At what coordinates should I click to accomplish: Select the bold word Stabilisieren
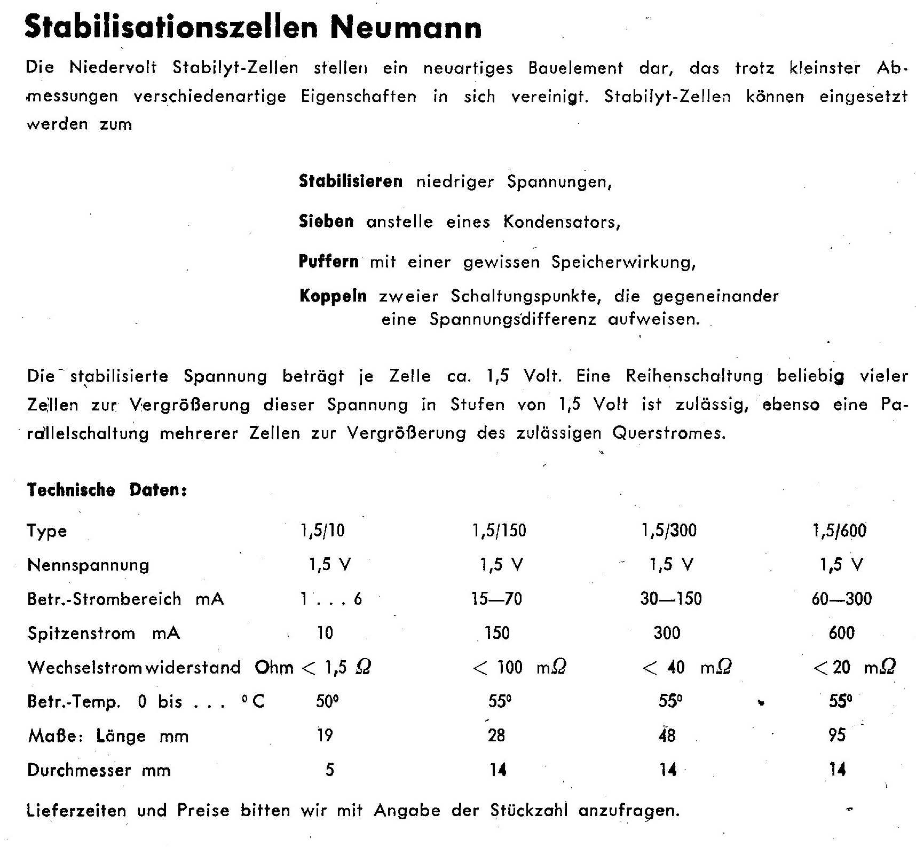click(350, 181)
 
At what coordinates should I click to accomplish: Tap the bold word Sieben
click(326, 221)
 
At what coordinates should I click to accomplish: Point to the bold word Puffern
click(328, 262)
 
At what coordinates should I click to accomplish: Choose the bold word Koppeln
click(333, 296)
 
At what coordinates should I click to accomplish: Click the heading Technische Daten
click(107, 490)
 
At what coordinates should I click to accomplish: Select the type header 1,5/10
click(323, 531)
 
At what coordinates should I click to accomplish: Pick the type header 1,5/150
click(499, 531)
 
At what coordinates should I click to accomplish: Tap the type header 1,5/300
click(669, 531)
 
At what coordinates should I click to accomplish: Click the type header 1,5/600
click(840, 531)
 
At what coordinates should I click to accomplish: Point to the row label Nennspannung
click(88, 565)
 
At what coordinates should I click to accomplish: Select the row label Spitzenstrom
click(81, 633)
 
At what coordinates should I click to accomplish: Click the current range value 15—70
click(496, 599)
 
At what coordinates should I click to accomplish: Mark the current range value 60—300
click(842, 599)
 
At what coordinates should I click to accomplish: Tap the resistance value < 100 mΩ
click(519, 667)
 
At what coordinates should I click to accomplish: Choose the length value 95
click(837, 735)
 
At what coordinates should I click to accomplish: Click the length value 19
click(325, 735)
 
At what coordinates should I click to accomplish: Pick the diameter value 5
click(329, 770)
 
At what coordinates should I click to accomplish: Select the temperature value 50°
click(327, 701)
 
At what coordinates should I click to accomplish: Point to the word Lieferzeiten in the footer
click(76, 811)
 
